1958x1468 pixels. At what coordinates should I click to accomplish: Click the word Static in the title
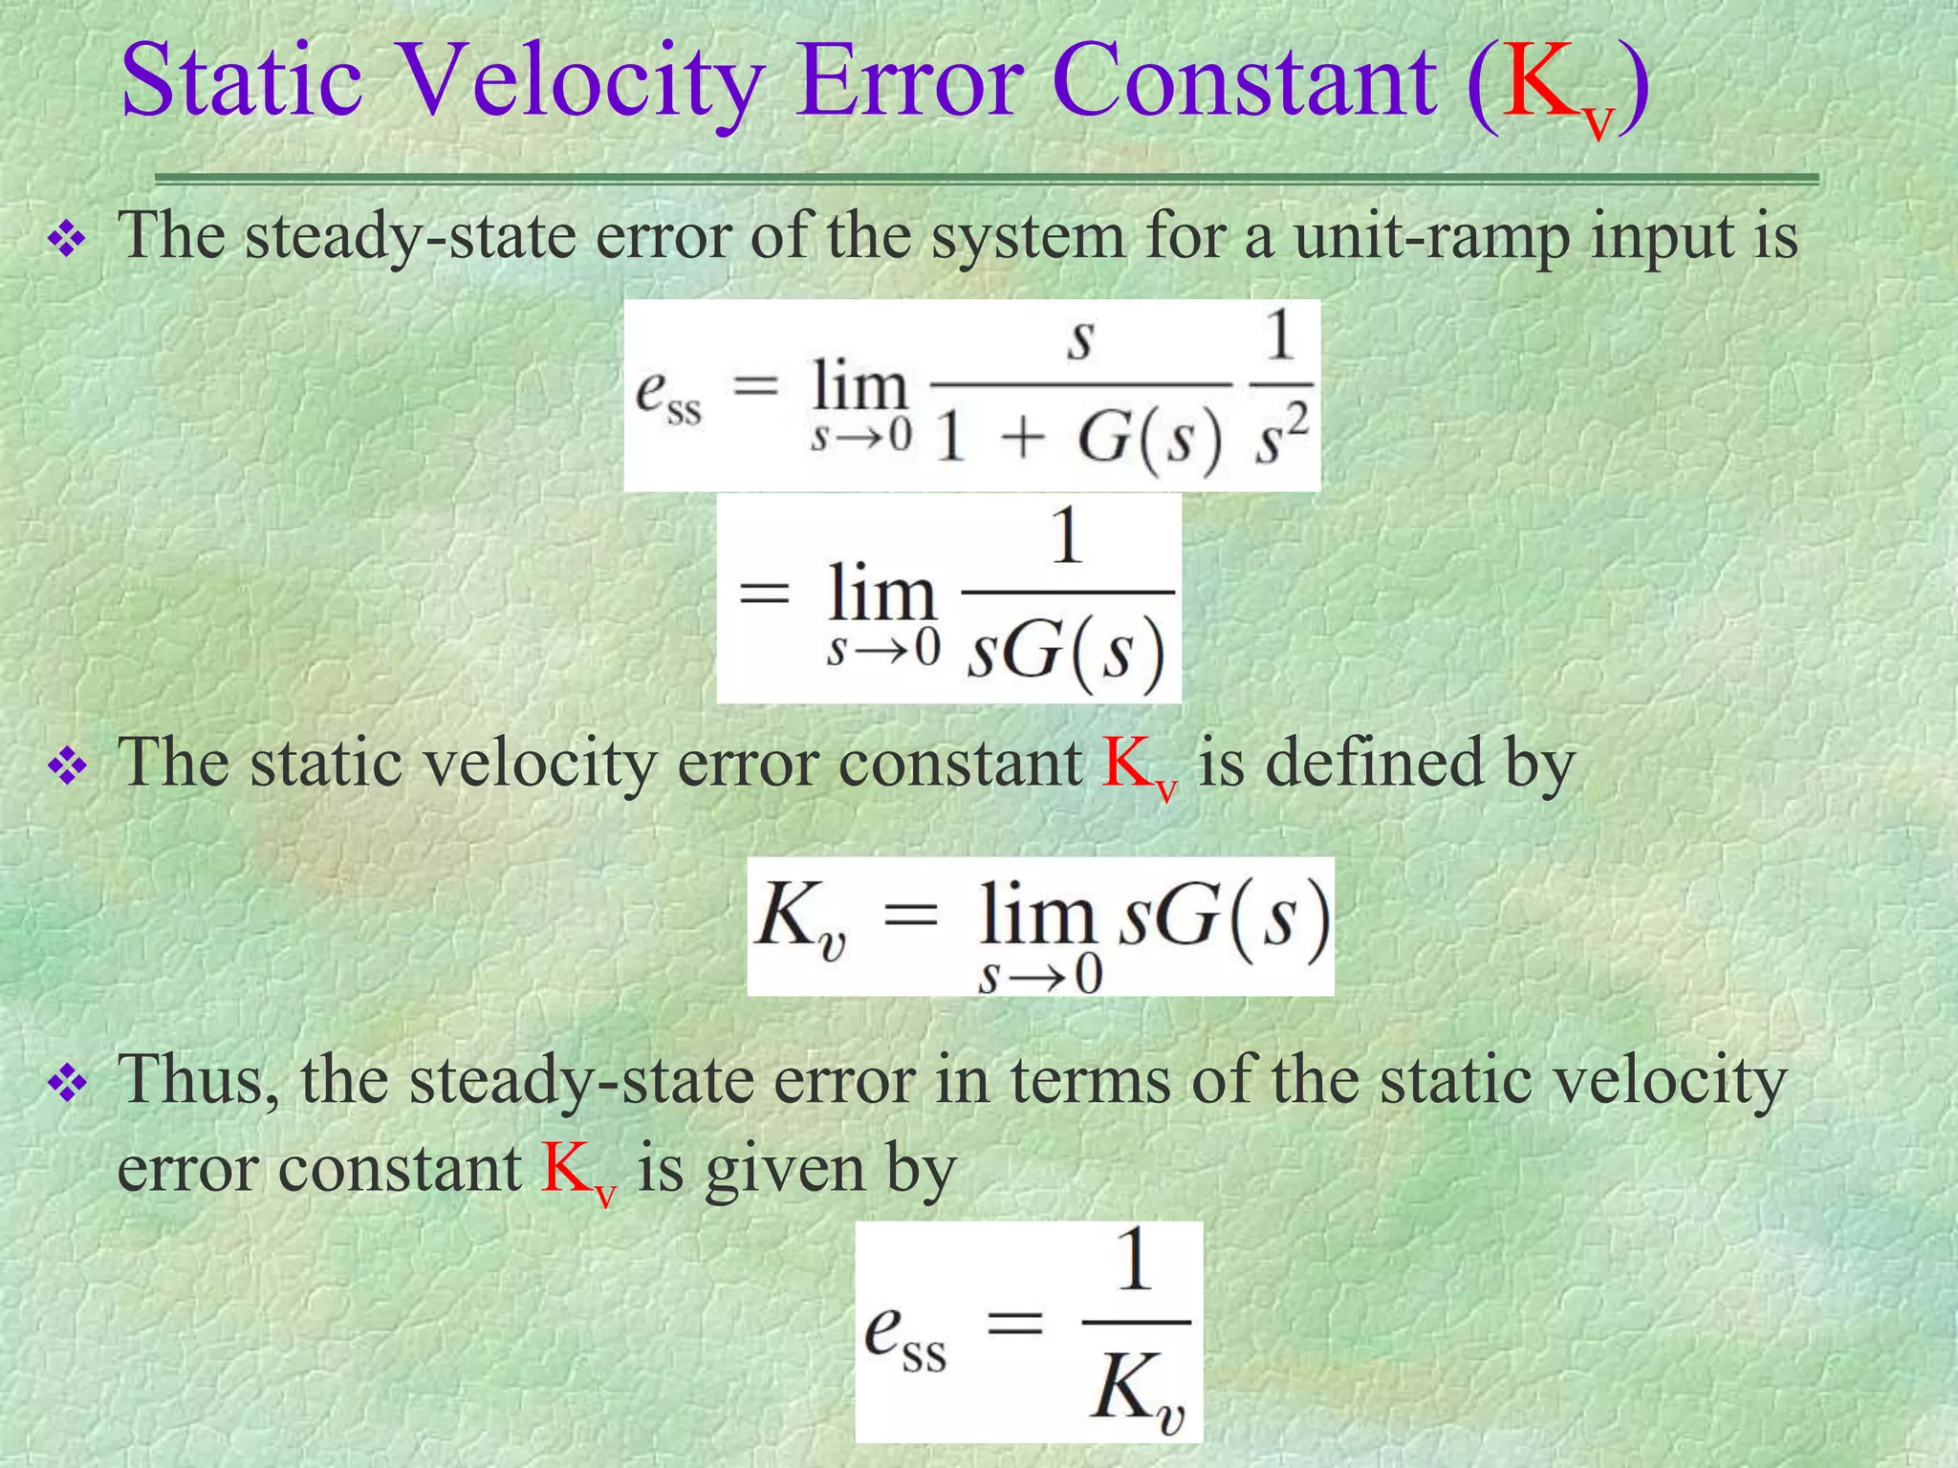coord(242,80)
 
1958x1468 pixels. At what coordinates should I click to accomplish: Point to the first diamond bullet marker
coord(68,241)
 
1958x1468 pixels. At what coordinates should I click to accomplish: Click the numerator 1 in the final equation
coord(1135,1262)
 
